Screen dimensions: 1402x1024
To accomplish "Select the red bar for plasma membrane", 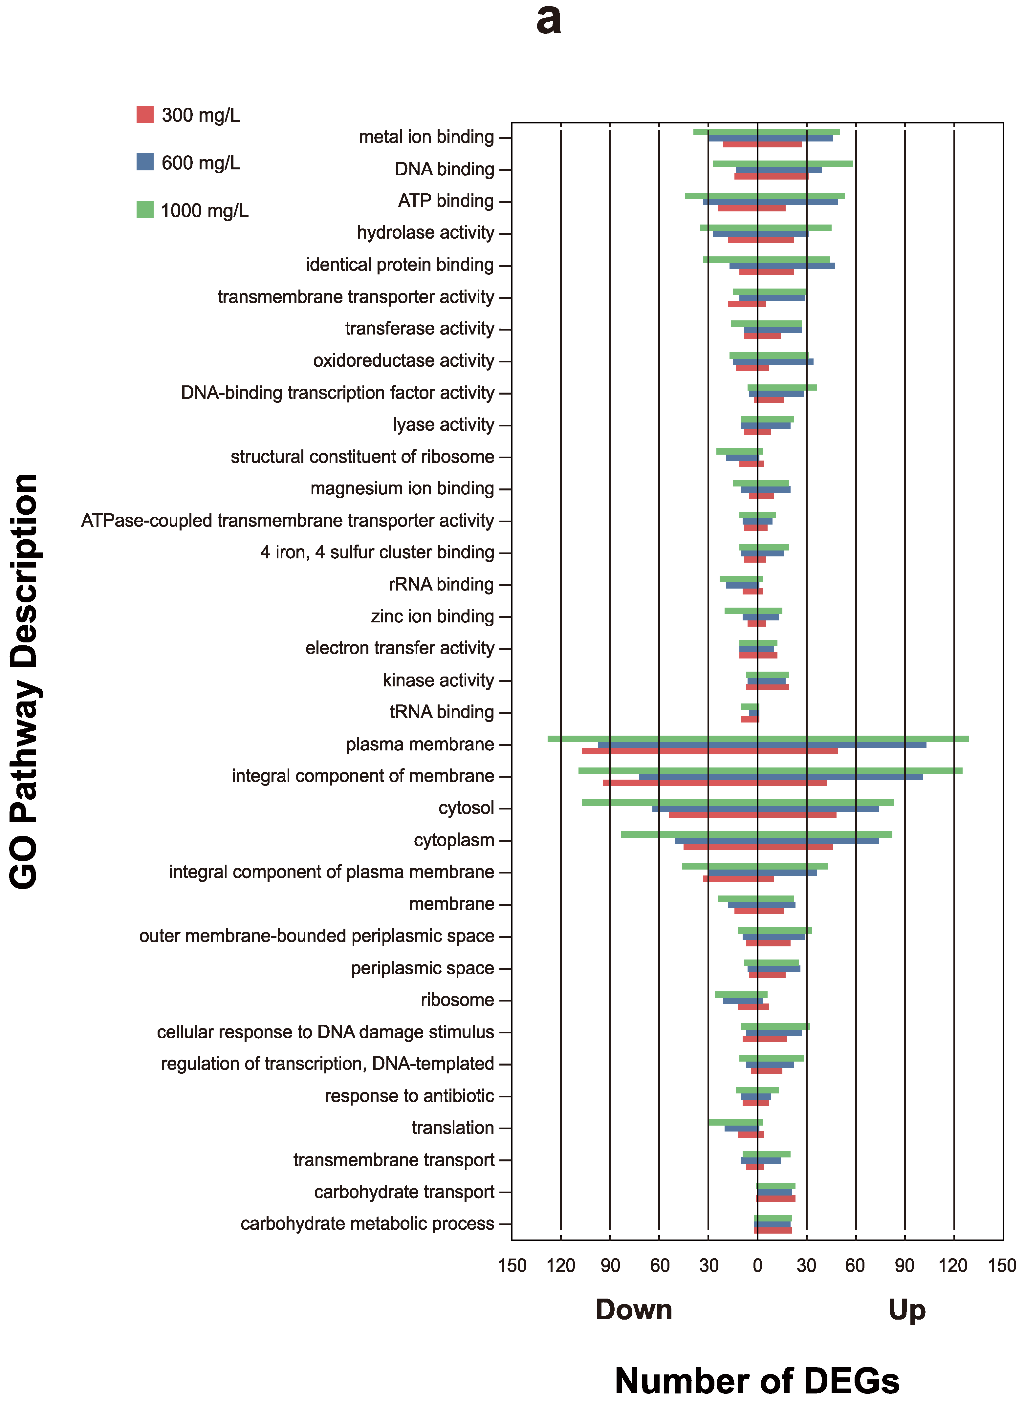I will tap(710, 751).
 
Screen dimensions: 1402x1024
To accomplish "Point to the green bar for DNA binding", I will tap(783, 163).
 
